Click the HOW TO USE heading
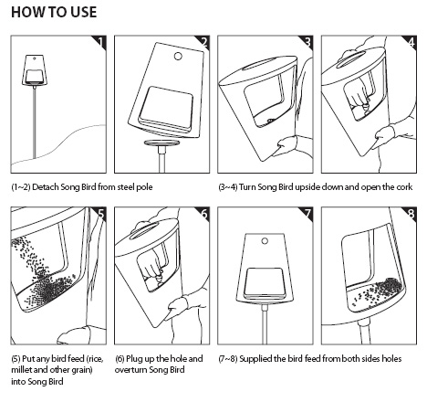coord(54,12)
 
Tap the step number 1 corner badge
coord(100,41)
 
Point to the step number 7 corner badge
coord(307,213)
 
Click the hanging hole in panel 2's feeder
coord(178,56)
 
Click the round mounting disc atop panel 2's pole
coord(161,143)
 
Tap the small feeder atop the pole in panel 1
coord(34,70)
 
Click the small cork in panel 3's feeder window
coord(269,121)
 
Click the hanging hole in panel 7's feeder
coord(265,241)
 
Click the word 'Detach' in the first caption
coord(46,186)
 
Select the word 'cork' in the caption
coord(404,186)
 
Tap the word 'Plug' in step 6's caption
coord(134,359)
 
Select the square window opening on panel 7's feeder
coord(266,281)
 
